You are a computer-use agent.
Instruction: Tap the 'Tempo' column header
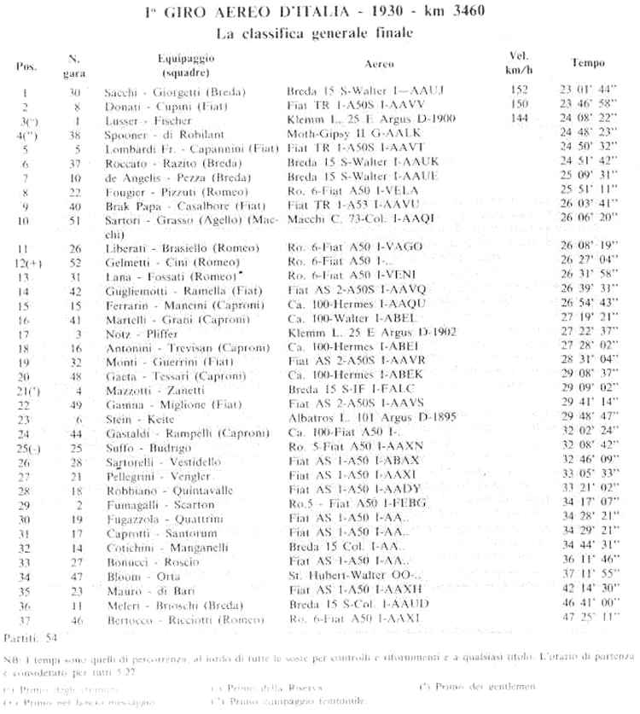(588, 62)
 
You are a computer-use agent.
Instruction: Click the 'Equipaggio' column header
(185, 56)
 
